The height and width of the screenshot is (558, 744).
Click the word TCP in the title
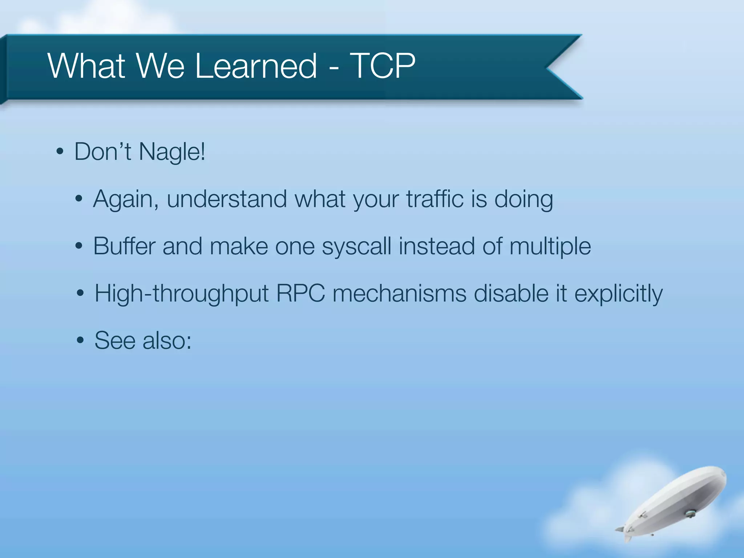[x=382, y=66]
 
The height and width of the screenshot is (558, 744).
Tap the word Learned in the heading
[x=256, y=66]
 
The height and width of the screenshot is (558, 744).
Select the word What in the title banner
[x=86, y=66]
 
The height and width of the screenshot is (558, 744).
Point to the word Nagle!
[x=172, y=152]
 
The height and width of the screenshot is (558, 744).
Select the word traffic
[x=435, y=199]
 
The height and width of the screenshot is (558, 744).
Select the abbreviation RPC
[x=300, y=293]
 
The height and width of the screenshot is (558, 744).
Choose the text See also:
[x=143, y=341]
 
